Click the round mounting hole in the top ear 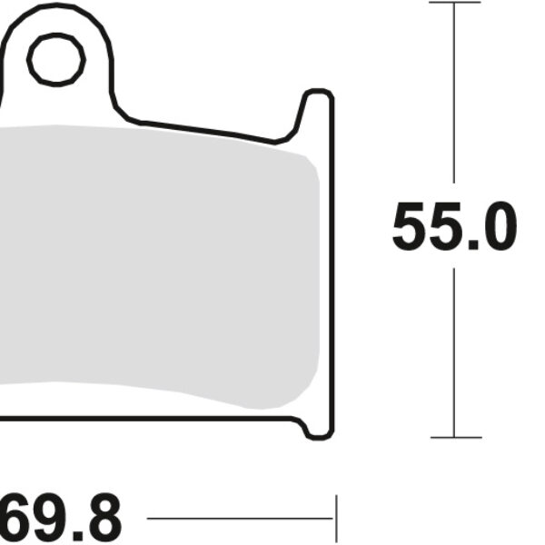coord(55,61)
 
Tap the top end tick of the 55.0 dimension coord(454,3)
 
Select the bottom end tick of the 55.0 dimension coord(454,437)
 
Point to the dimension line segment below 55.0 coord(454,354)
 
